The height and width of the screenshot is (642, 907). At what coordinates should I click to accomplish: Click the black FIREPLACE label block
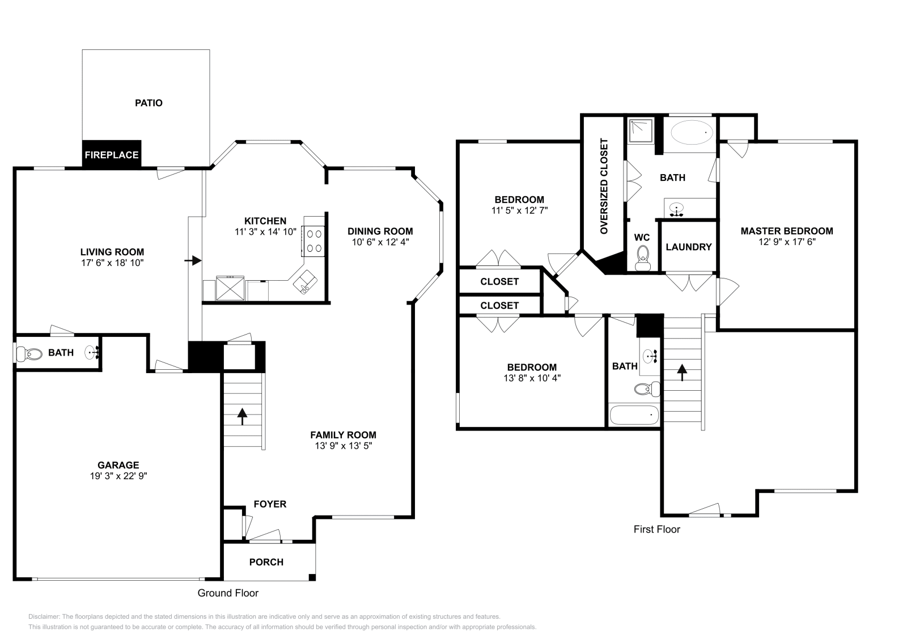point(112,154)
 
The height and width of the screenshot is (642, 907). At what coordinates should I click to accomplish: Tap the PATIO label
point(149,103)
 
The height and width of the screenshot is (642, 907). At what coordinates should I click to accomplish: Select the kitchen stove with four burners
point(314,240)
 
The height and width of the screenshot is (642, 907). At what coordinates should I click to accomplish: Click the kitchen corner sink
point(307,282)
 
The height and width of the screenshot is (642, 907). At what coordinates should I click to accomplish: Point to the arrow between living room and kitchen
point(193,260)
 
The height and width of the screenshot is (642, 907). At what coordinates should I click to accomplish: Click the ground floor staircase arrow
point(243,417)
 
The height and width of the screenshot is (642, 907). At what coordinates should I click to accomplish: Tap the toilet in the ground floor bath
point(29,354)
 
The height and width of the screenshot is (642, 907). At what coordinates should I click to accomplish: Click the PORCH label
point(266,562)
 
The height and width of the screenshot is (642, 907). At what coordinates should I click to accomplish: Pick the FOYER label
point(270,504)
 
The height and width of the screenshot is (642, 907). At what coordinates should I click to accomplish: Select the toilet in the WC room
point(643,258)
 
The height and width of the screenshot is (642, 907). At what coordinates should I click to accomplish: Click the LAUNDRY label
point(689,247)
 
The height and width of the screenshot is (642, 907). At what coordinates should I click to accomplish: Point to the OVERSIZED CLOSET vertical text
point(604,186)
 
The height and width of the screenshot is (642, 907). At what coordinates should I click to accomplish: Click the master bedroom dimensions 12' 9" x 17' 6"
point(787,242)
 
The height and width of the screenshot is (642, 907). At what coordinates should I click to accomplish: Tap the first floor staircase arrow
point(682,373)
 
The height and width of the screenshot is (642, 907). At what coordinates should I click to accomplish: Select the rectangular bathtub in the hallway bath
point(634,416)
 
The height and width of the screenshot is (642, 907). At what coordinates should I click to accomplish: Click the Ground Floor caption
point(228,593)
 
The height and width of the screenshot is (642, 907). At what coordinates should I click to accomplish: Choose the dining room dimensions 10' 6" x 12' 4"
point(380,242)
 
